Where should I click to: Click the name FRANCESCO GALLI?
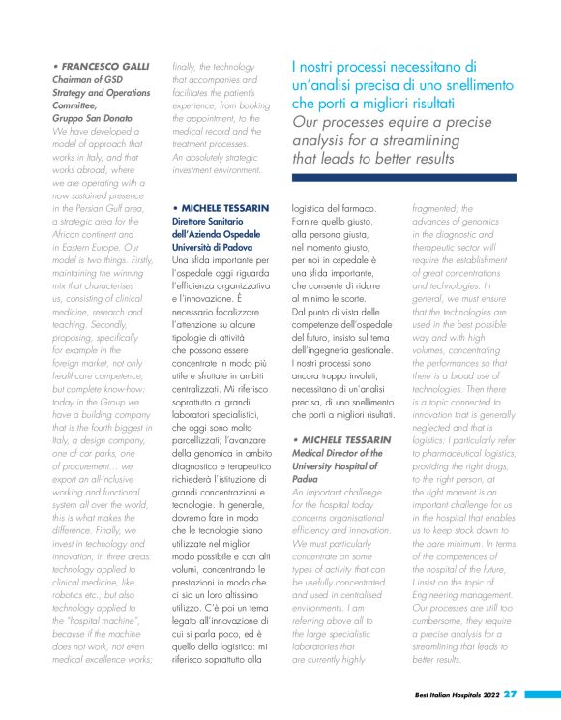point(106,66)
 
